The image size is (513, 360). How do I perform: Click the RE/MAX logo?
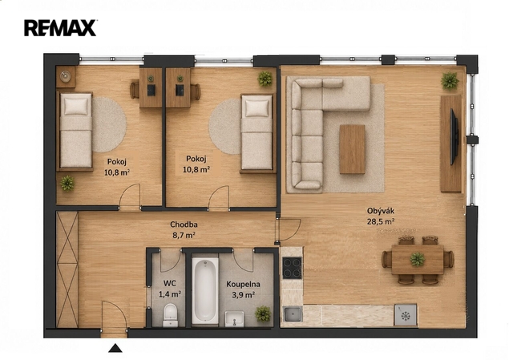click(x=60, y=28)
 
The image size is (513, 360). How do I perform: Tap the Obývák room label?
click(x=381, y=211)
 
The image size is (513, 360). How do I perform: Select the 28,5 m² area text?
click(x=381, y=221)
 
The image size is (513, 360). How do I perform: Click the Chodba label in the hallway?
click(x=184, y=224)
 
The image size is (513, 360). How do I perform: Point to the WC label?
click(x=170, y=282)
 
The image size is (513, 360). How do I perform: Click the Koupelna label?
click(x=243, y=284)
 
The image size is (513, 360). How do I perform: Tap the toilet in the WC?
click(x=170, y=315)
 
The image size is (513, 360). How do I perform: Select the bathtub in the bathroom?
click(x=205, y=290)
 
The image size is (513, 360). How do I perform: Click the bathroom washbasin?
click(x=234, y=319)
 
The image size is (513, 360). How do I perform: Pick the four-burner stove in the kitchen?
click(x=292, y=268)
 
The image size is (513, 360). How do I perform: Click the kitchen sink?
click(x=292, y=314)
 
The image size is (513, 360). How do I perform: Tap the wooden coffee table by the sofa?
click(x=352, y=149)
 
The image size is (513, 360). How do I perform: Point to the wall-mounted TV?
click(x=454, y=137)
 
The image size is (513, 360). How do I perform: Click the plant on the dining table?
click(x=417, y=260)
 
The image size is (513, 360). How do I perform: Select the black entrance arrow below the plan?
click(x=115, y=348)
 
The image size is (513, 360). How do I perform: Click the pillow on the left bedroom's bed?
click(x=76, y=107)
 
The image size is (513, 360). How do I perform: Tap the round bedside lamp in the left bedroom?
click(x=66, y=76)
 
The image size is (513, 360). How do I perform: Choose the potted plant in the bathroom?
click(x=263, y=313)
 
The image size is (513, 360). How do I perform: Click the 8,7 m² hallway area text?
click(x=184, y=235)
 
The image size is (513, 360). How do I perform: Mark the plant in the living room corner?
click(x=450, y=80)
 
